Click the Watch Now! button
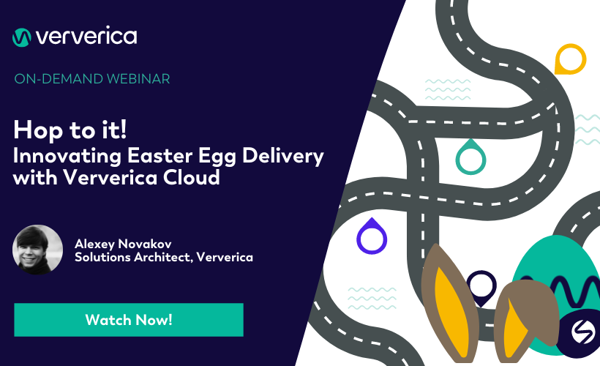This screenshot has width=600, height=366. (129, 320)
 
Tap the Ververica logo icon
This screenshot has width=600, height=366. (22, 37)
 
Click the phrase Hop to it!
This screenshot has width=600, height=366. (70, 130)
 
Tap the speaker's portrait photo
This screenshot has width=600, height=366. (37, 250)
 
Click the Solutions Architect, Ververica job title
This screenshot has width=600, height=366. (163, 258)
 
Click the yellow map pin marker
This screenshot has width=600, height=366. (570, 59)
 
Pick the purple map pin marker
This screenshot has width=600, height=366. (372, 236)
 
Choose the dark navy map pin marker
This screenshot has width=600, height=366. (481, 287)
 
